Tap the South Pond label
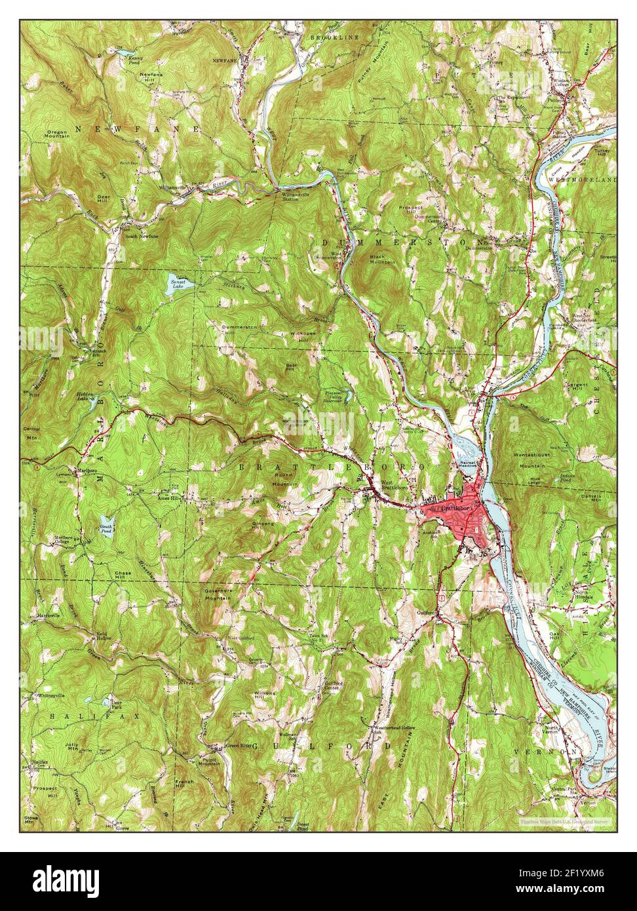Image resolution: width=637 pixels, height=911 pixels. pyautogui.click(x=106, y=529)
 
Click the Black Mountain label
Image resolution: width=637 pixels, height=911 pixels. pyautogui.click(x=382, y=259)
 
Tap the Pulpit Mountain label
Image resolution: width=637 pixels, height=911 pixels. pyautogui.click(x=209, y=762)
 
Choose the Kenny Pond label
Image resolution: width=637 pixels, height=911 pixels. pyautogui.click(x=136, y=60)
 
